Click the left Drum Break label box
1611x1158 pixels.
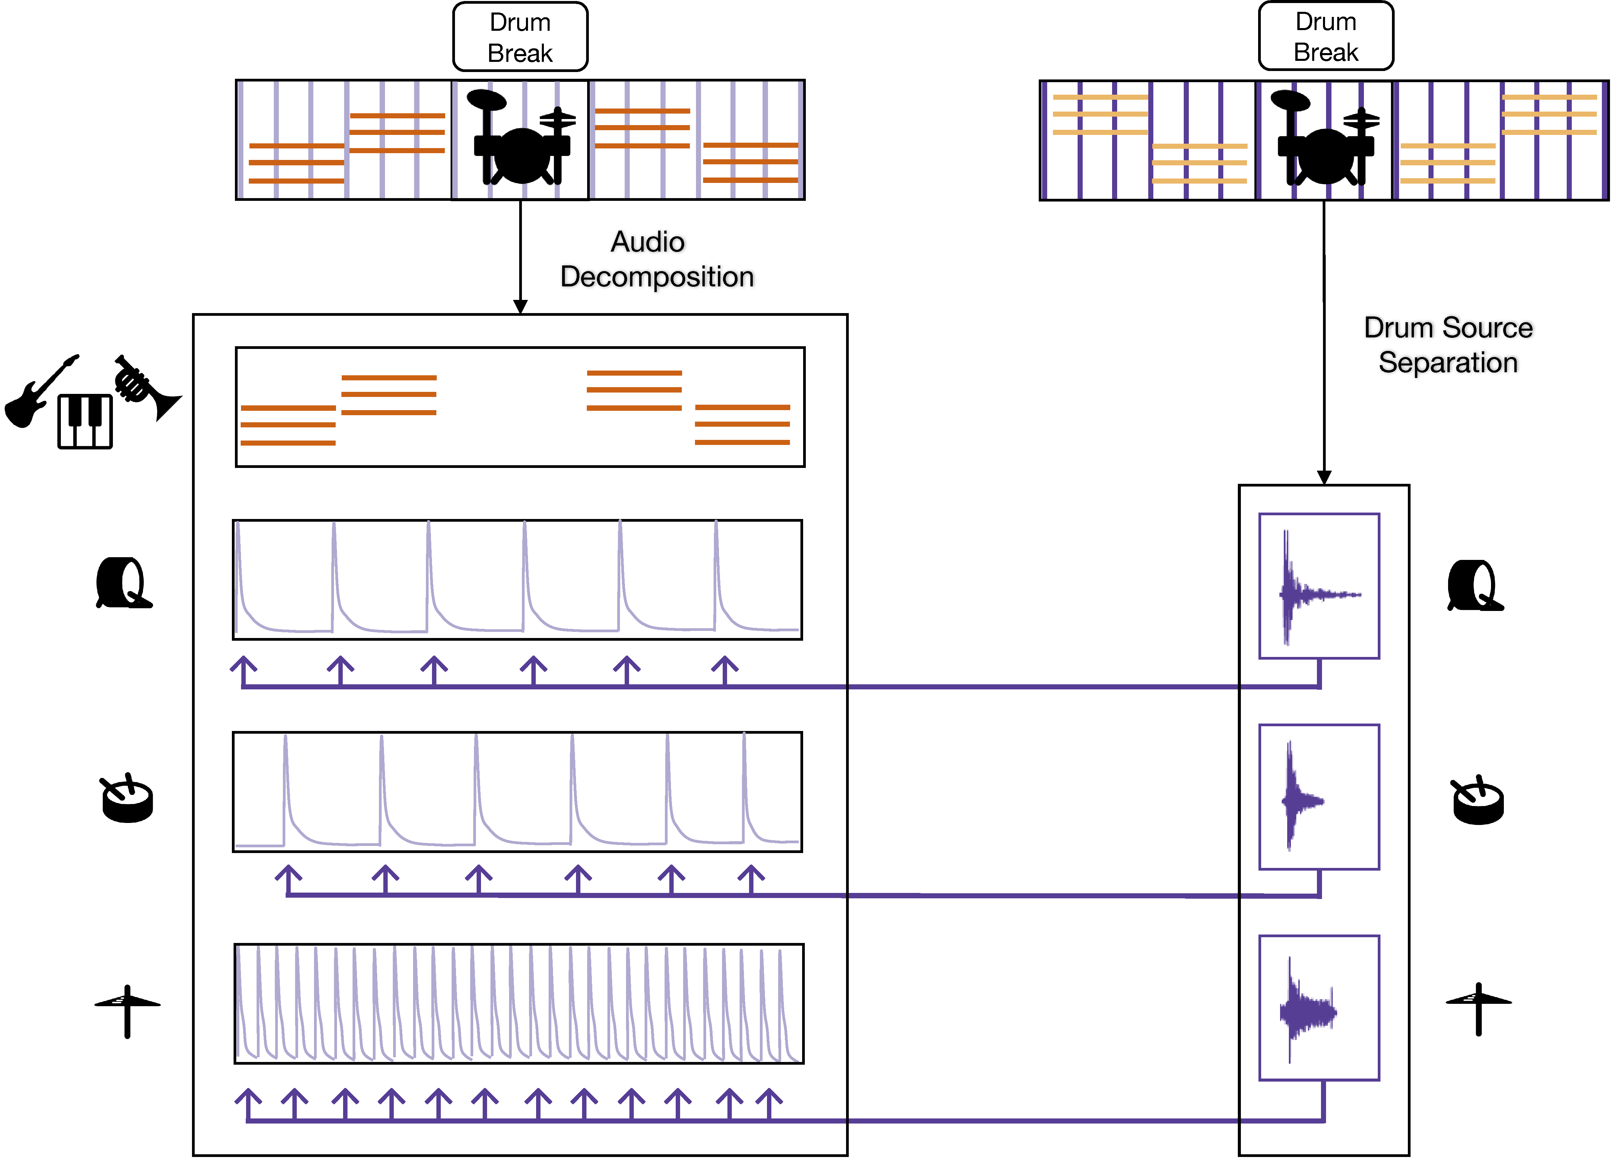(x=520, y=37)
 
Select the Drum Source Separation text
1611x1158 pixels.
(x=1448, y=345)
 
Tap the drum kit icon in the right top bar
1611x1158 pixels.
(x=1325, y=139)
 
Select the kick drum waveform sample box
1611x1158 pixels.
(x=1319, y=586)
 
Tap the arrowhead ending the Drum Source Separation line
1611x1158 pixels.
(x=1324, y=477)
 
